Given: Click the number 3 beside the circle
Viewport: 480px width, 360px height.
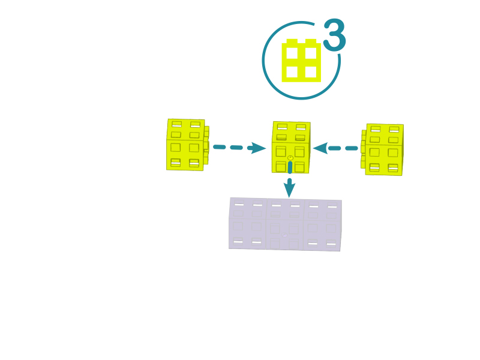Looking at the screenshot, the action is (335, 35).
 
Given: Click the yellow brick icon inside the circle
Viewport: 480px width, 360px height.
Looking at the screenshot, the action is (301, 61).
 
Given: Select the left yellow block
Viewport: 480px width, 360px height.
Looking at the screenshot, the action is (188, 145).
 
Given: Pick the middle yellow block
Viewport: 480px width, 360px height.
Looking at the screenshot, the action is (291, 147).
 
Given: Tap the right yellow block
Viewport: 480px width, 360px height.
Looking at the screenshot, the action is (382, 149).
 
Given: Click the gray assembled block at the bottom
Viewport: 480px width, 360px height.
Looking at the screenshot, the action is (286, 224).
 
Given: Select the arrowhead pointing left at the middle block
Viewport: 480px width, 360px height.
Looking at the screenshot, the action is (321, 148).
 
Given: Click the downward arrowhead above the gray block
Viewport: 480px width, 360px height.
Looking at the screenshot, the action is (289, 188).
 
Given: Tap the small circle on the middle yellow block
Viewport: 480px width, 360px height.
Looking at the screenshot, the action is (290, 158).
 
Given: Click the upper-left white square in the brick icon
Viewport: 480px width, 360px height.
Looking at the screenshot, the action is (292, 53).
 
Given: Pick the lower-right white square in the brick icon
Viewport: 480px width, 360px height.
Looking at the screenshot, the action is (311, 72).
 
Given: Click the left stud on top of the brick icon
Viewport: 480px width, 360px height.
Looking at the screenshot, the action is (292, 41).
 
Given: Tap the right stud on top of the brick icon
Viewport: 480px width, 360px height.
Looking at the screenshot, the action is (311, 41).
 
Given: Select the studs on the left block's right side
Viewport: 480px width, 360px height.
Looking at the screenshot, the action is (206, 145).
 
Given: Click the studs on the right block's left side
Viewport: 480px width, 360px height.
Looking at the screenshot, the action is (363, 149).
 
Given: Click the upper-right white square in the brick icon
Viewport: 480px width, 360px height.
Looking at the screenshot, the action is (311, 53).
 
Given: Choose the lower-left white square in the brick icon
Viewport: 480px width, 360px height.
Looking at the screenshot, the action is (292, 72).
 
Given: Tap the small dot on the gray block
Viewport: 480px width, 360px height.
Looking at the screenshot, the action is (285, 235).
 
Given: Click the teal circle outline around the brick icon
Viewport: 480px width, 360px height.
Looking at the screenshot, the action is (262, 61).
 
